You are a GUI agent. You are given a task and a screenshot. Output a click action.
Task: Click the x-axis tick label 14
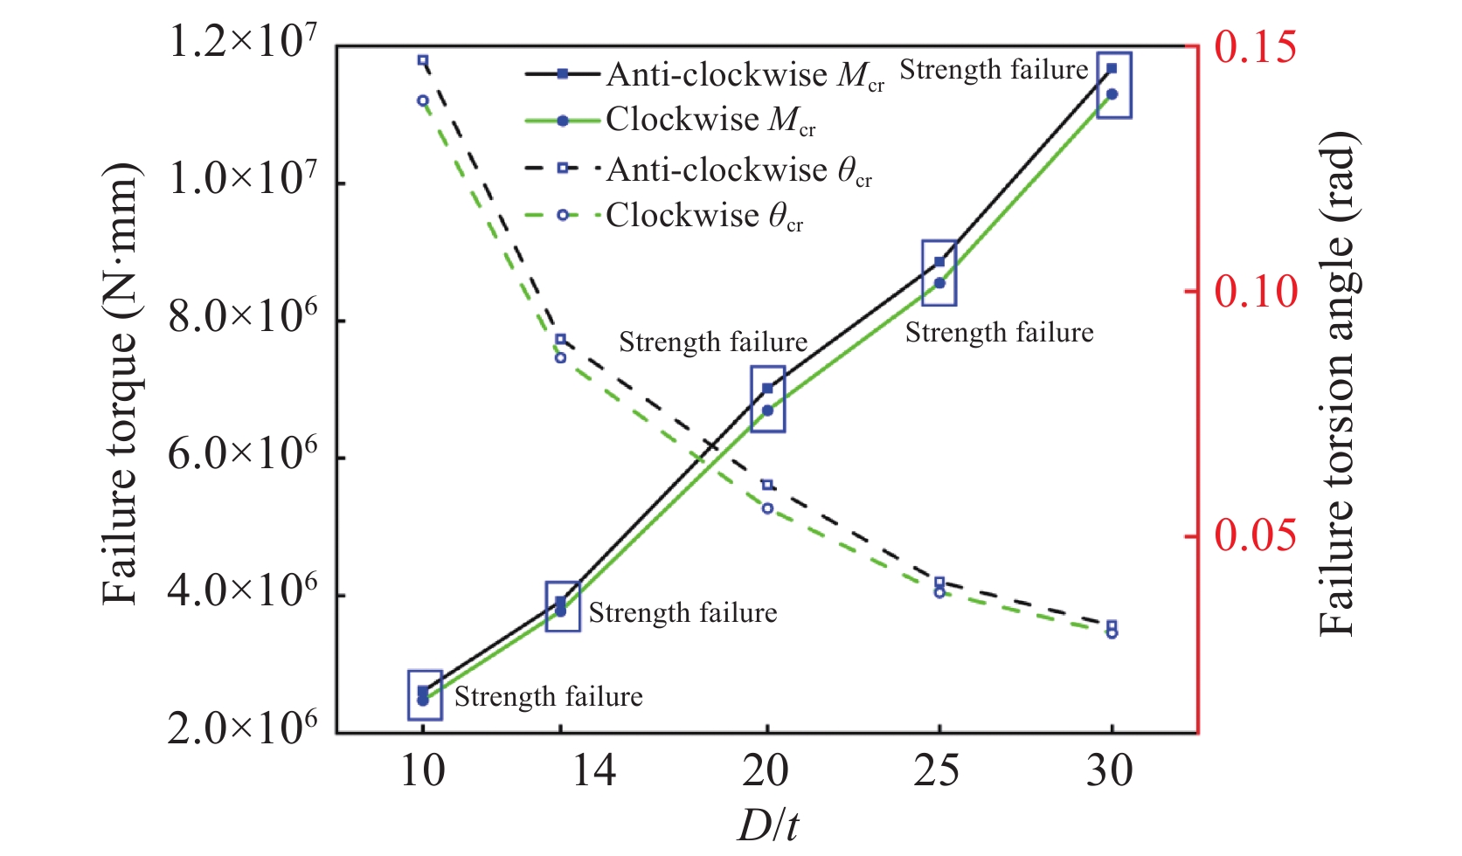point(594,771)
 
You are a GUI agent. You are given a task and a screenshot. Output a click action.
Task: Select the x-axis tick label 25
point(938,771)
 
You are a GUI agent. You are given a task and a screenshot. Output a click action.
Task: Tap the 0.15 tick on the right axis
point(1255,47)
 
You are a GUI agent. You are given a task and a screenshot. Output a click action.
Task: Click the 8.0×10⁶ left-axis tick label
point(242,318)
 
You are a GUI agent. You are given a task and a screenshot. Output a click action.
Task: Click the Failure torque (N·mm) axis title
point(121,384)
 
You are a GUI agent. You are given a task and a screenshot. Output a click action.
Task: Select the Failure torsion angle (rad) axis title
point(1338,384)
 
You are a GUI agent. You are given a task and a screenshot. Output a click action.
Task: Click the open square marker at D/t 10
point(423,61)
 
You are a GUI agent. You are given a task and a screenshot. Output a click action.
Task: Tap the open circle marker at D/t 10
point(423,100)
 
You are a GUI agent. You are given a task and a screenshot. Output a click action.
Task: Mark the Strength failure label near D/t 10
point(548,697)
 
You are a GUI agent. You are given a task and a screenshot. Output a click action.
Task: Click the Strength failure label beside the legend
point(994,70)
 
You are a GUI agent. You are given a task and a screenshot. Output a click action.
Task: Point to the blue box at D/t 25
point(939,273)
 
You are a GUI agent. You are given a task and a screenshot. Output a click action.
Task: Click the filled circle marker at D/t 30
point(1112,94)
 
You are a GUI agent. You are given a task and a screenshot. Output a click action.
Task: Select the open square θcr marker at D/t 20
point(767,485)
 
